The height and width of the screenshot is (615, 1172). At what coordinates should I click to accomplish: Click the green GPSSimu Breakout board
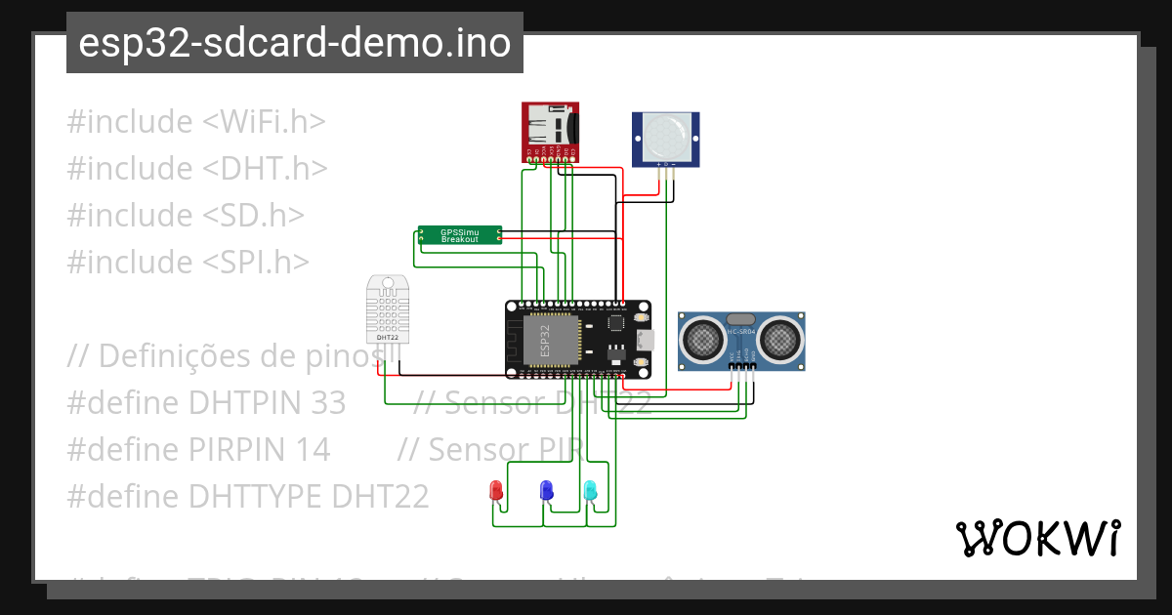tap(459, 235)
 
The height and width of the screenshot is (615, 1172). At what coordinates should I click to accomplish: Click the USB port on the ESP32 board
tap(645, 340)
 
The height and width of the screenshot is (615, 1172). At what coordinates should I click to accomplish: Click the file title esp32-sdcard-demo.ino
tap(295, 43)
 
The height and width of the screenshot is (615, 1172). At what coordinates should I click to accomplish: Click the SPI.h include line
tap(188, 262)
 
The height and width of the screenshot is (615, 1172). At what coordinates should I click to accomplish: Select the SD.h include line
tap(186, 215)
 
